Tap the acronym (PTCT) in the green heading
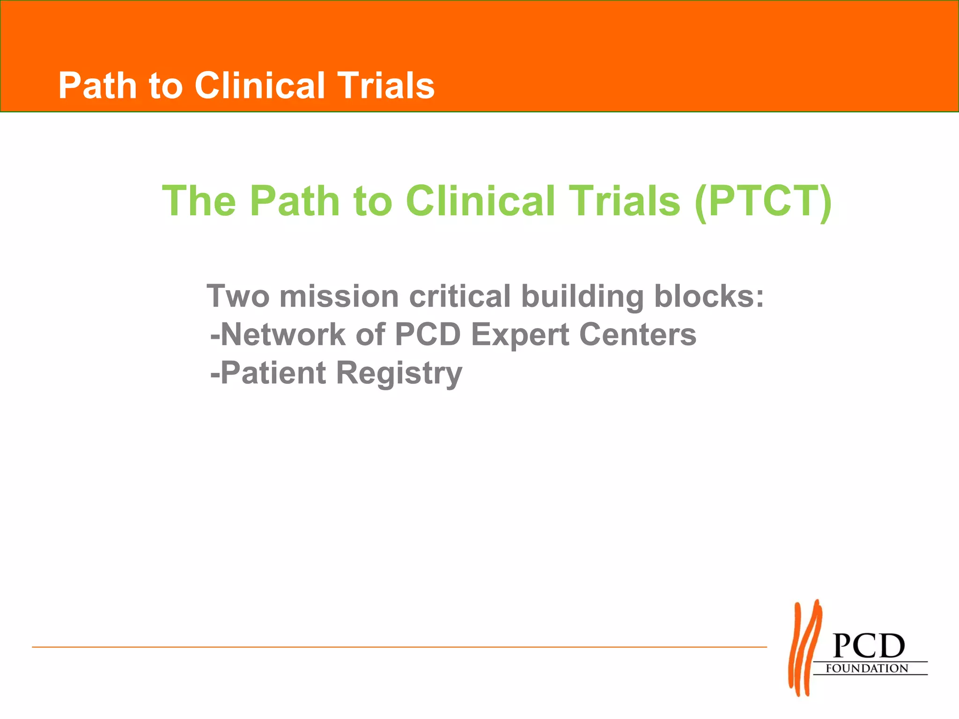pyautogui.click(x=763, y=201)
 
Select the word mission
pyautogui.click(x=339, y=296)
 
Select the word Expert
pyautogui.click(x=519, y=335)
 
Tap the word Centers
pyautogui.click(x=637, y=334)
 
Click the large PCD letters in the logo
pyautogui.click(x=869, y=646)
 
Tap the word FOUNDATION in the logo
pyautogui.click(x=867, y=668)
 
